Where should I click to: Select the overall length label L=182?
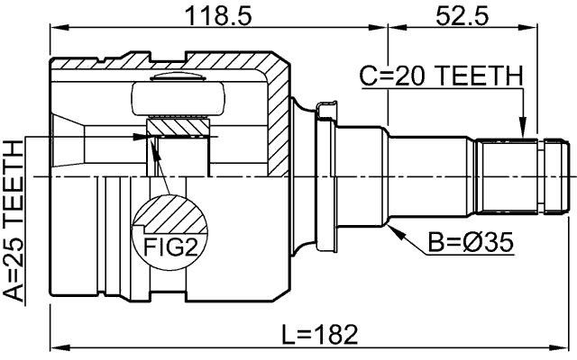319,336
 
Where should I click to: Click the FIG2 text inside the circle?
170,246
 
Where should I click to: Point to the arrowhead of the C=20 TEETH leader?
522,135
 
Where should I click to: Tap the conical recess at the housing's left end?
67,142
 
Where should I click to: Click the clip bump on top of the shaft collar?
326,110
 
